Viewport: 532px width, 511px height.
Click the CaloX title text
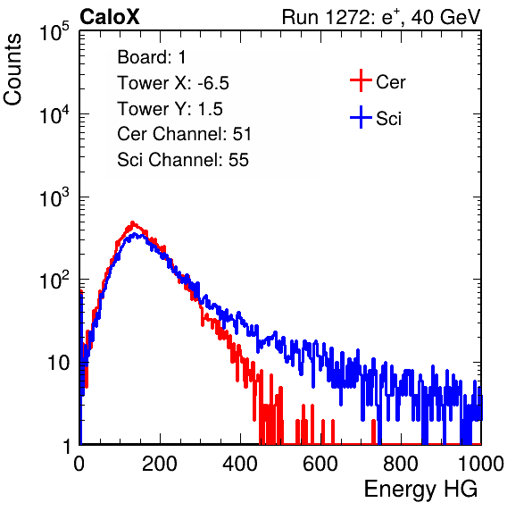tap(110, 17)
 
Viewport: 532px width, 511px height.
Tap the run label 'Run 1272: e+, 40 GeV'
tap(381, 17)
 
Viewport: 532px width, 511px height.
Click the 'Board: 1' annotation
tap(152, 57)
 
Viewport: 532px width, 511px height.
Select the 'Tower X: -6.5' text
tap(173, 83)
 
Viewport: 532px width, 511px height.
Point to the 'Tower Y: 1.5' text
tap(170, 109)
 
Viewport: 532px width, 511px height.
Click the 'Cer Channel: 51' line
tap(184, 134)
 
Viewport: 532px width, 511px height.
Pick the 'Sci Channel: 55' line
tap(183, 160)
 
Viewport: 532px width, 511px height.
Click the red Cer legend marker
tap(361, 80)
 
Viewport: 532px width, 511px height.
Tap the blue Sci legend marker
tap(361, 117)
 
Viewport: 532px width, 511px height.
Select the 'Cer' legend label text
tap(390, 82)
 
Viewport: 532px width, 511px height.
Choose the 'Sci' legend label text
tap(388, 119)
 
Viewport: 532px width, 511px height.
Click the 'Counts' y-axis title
tap(12, 70)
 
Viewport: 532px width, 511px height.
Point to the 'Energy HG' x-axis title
tap(420, 490)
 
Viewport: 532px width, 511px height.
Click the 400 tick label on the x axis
tap(240, 464)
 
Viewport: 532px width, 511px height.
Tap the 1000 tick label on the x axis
tap(481, 464)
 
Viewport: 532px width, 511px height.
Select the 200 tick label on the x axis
tap(160, 464)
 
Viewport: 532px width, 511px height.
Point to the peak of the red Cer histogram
tap(133, 222)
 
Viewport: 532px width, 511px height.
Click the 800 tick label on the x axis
tap(401, 464)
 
